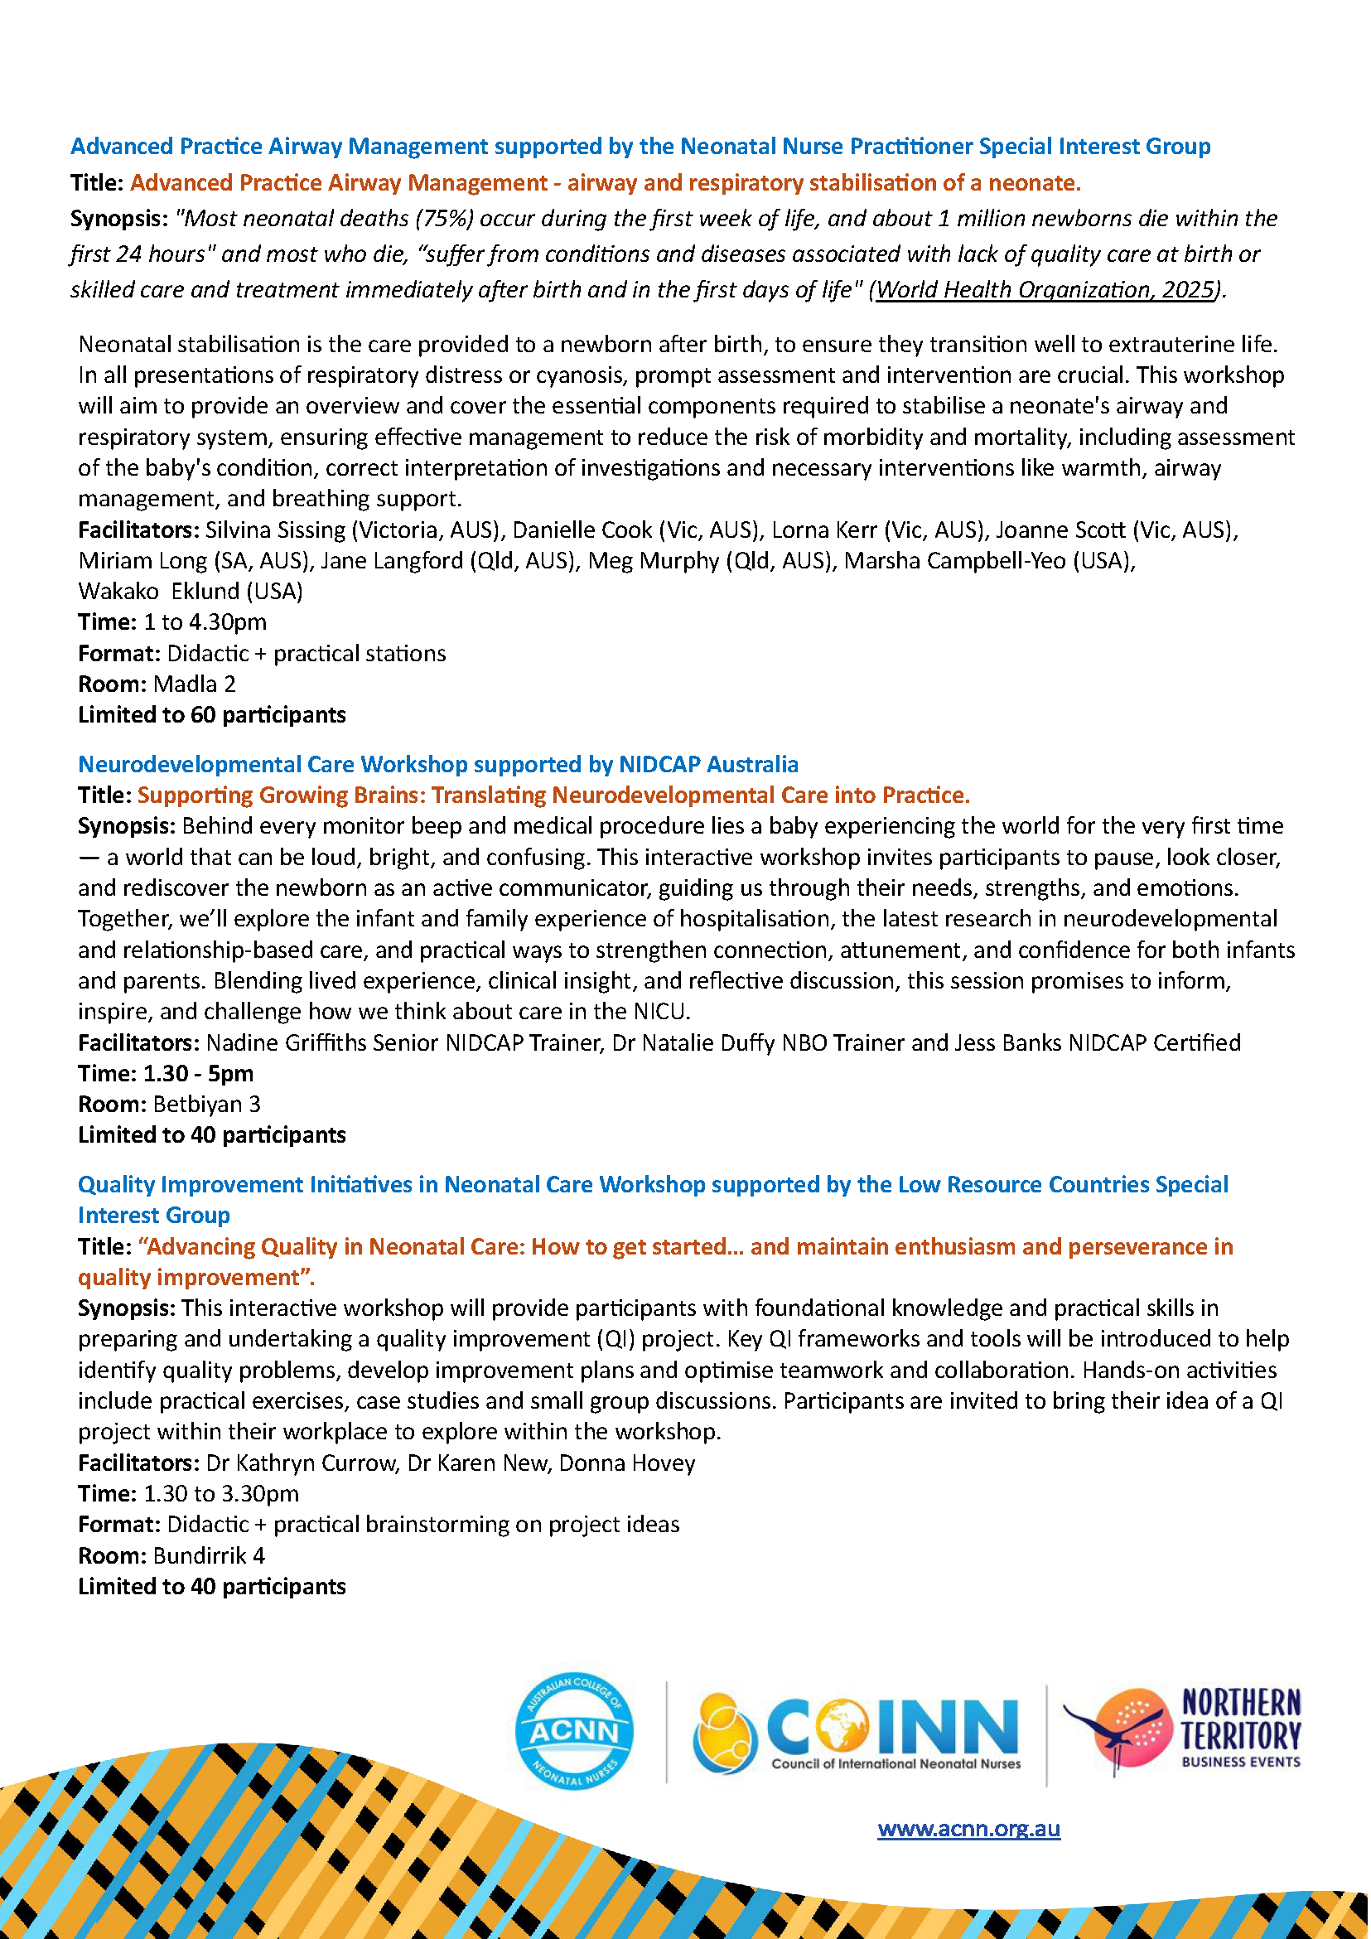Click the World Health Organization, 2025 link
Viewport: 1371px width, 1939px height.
[1045, 290]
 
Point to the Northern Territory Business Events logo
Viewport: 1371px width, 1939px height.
[1182, 1729]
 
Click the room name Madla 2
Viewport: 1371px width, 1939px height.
[194, 684]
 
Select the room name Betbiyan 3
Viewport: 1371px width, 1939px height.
[207, 1104]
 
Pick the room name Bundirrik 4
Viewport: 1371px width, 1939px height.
[209, 1555]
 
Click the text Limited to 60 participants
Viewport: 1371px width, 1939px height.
[212, 715]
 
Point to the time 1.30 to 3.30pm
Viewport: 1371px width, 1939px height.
[221, 1494]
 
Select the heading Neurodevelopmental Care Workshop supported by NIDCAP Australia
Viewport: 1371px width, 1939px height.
[438, 764]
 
